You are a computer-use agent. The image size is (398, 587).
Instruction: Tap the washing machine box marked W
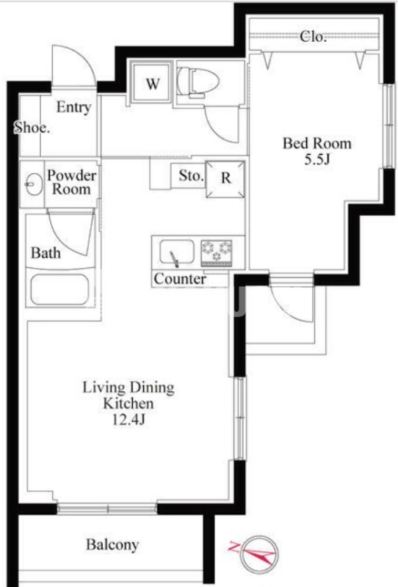click(x=152, y=83)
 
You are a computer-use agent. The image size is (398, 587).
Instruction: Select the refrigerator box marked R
click(x=225, y=178)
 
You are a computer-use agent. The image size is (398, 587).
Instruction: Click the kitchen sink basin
click(x=176, y=252)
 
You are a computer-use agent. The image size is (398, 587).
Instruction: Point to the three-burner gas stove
click(x=217, y=252)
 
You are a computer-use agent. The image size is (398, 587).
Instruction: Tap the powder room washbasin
click(x=34, y=184)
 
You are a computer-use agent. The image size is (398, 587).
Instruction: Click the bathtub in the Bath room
click(x=60, y=289)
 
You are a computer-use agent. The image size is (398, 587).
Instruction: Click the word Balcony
click(x=112, y=544)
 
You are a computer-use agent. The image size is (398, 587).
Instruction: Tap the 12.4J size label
click(x=129, y=420)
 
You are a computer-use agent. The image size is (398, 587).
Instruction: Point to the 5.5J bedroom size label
click(x=317, y=160)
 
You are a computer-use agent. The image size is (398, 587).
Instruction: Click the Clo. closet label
click(x=313, y=37)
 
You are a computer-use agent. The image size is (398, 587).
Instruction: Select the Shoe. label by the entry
click(x=32, y=128)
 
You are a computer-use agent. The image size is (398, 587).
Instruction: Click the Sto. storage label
click(x=191, y=175)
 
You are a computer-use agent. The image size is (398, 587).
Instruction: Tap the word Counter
click(x=180, y=279)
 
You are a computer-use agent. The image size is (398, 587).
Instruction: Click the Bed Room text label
click(x=317, y=143)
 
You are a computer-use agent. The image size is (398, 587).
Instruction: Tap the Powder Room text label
click(x=71, y=182)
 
